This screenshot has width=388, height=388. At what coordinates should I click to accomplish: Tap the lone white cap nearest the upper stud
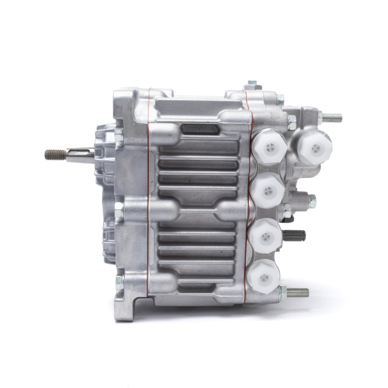(314, 148)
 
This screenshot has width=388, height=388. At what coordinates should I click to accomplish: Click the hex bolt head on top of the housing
(250, 85)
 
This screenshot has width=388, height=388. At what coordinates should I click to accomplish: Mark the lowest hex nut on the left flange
(119, 281)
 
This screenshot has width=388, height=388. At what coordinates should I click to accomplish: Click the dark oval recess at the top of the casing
(200, 130)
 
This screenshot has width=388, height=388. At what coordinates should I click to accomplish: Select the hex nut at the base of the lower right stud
(283, 292)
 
